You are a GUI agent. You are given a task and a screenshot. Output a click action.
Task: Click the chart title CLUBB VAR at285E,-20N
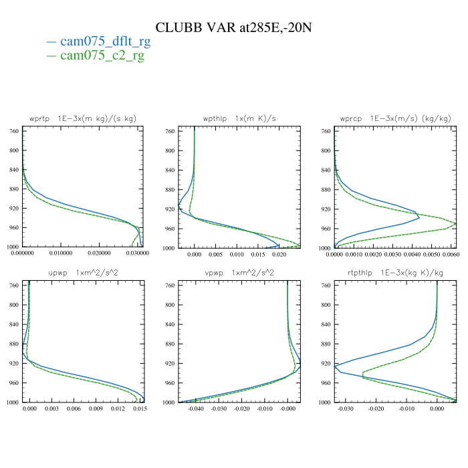tap(234, 27)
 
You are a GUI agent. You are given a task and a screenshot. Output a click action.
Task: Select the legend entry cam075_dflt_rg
tap(105, 41)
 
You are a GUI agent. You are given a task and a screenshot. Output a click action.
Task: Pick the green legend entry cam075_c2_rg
tap(102, 55)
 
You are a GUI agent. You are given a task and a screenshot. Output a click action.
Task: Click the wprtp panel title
tap(82, 118)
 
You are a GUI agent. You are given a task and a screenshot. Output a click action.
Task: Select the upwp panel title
tap(82, 273)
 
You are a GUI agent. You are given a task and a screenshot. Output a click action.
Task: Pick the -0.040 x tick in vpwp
tap(196, 408)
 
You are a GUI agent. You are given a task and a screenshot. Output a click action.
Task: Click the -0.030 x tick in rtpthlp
tap(346, 408)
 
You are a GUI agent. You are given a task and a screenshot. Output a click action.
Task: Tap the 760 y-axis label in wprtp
tap(13, 131)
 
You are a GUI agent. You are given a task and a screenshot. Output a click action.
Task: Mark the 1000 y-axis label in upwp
tap(12, 402)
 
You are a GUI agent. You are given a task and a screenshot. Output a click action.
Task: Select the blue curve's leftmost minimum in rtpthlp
tap(334, 365)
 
